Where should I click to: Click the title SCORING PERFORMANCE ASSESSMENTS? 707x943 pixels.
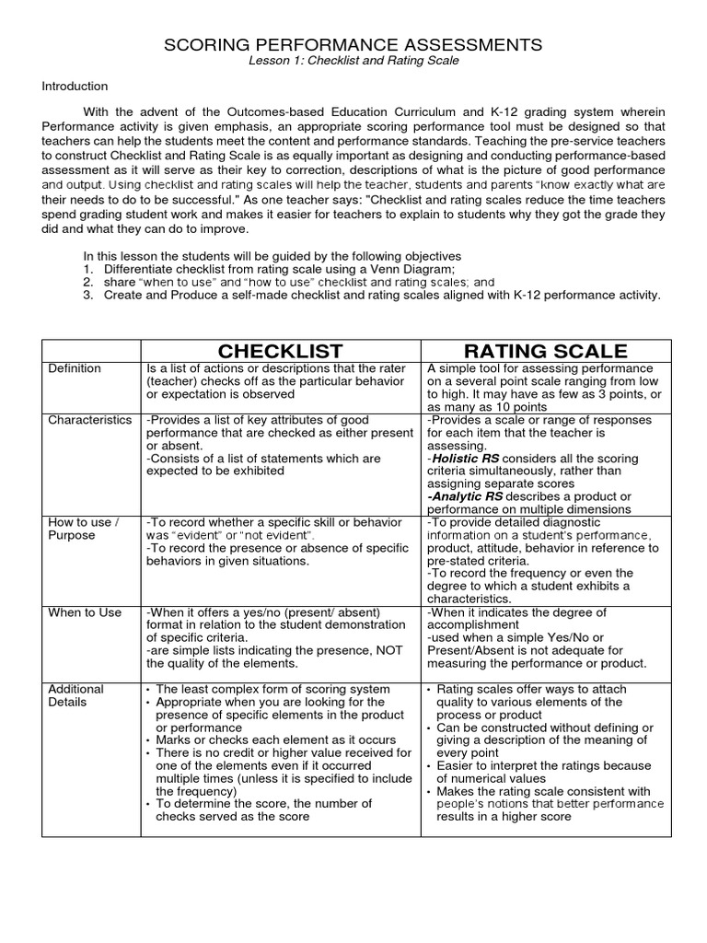tap(353, 44)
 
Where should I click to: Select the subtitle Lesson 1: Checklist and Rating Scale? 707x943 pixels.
tap(353, 61)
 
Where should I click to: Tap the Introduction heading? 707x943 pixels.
tap(75, 86)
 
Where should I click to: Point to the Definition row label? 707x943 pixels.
tap(74, 368)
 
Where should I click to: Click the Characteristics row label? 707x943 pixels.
tap(90, 420)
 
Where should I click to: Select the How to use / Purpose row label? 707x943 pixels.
tap(83, 529)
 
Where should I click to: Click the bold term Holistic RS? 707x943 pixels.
tap(466, 458)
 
